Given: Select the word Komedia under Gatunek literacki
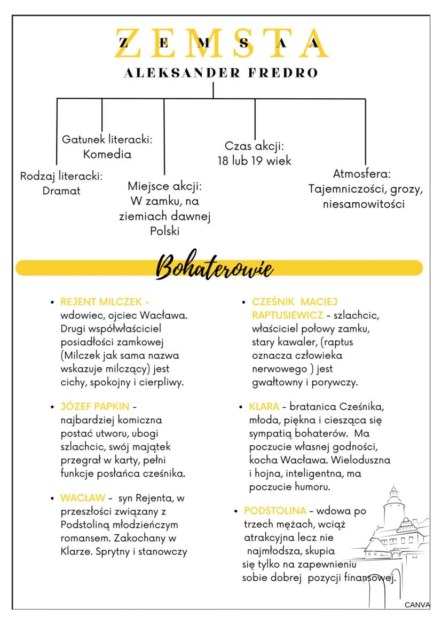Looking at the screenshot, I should tap(107, 155).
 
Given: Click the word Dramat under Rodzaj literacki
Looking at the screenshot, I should tap(61, 191).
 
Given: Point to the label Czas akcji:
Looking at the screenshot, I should tap(254, 146).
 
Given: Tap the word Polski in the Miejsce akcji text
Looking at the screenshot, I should tap(164, 231).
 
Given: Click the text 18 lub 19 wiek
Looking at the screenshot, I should tap(254, 161).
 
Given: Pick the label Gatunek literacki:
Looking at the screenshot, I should tap(107, 140).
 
